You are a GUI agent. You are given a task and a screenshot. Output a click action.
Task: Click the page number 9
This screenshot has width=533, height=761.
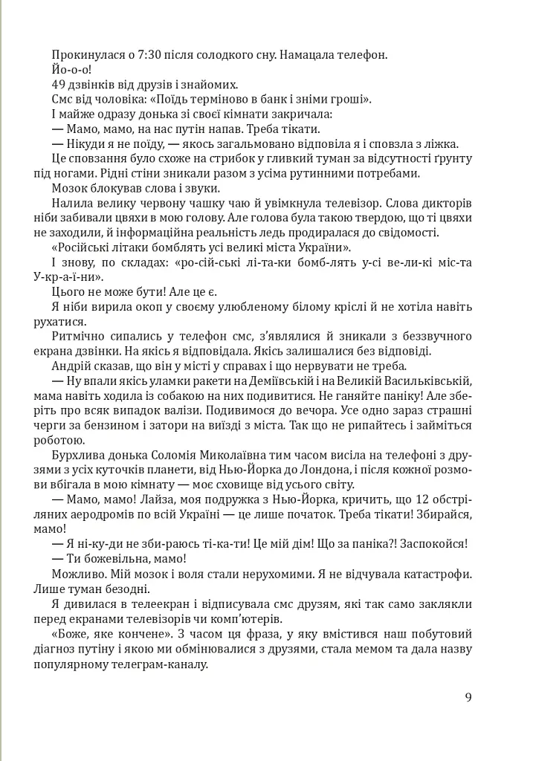[x=468, y=696]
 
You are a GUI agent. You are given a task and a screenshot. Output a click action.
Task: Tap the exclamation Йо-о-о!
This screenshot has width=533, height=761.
[x=71, y=69]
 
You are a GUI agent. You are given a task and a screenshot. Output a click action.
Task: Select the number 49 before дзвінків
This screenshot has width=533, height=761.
[x=59, y=84]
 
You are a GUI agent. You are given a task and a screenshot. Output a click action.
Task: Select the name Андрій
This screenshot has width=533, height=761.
[x=73, y=367]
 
